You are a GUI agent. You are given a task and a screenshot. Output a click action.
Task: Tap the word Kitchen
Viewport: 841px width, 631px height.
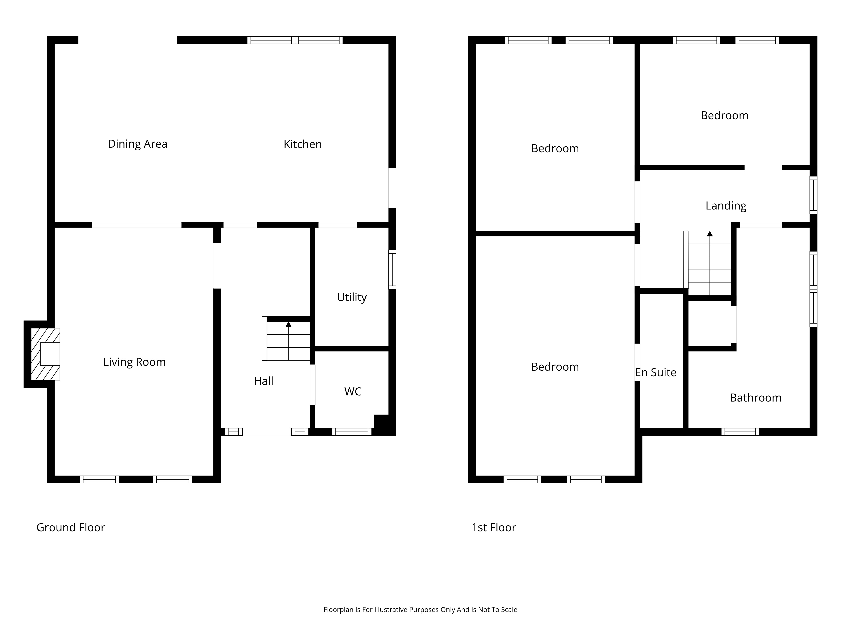coord(303,144)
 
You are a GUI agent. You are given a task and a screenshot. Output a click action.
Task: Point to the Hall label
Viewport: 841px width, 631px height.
coord(263,381)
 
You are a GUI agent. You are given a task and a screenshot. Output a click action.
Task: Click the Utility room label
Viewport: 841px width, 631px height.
coord(352,297)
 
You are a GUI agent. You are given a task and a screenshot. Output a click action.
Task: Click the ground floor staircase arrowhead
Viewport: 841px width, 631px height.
coord(289,324)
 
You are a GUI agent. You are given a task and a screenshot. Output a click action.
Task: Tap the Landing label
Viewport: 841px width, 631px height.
coord(726,206)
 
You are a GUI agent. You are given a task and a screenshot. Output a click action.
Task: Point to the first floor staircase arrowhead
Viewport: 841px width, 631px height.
coord(709,234)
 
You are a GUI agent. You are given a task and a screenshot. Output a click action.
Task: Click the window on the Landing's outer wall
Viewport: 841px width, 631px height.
coord(813,195)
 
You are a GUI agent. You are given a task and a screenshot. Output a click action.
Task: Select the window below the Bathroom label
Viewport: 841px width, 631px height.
coord(740,432)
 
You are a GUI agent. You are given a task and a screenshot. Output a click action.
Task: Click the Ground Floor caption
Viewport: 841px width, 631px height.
coord(71,528)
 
